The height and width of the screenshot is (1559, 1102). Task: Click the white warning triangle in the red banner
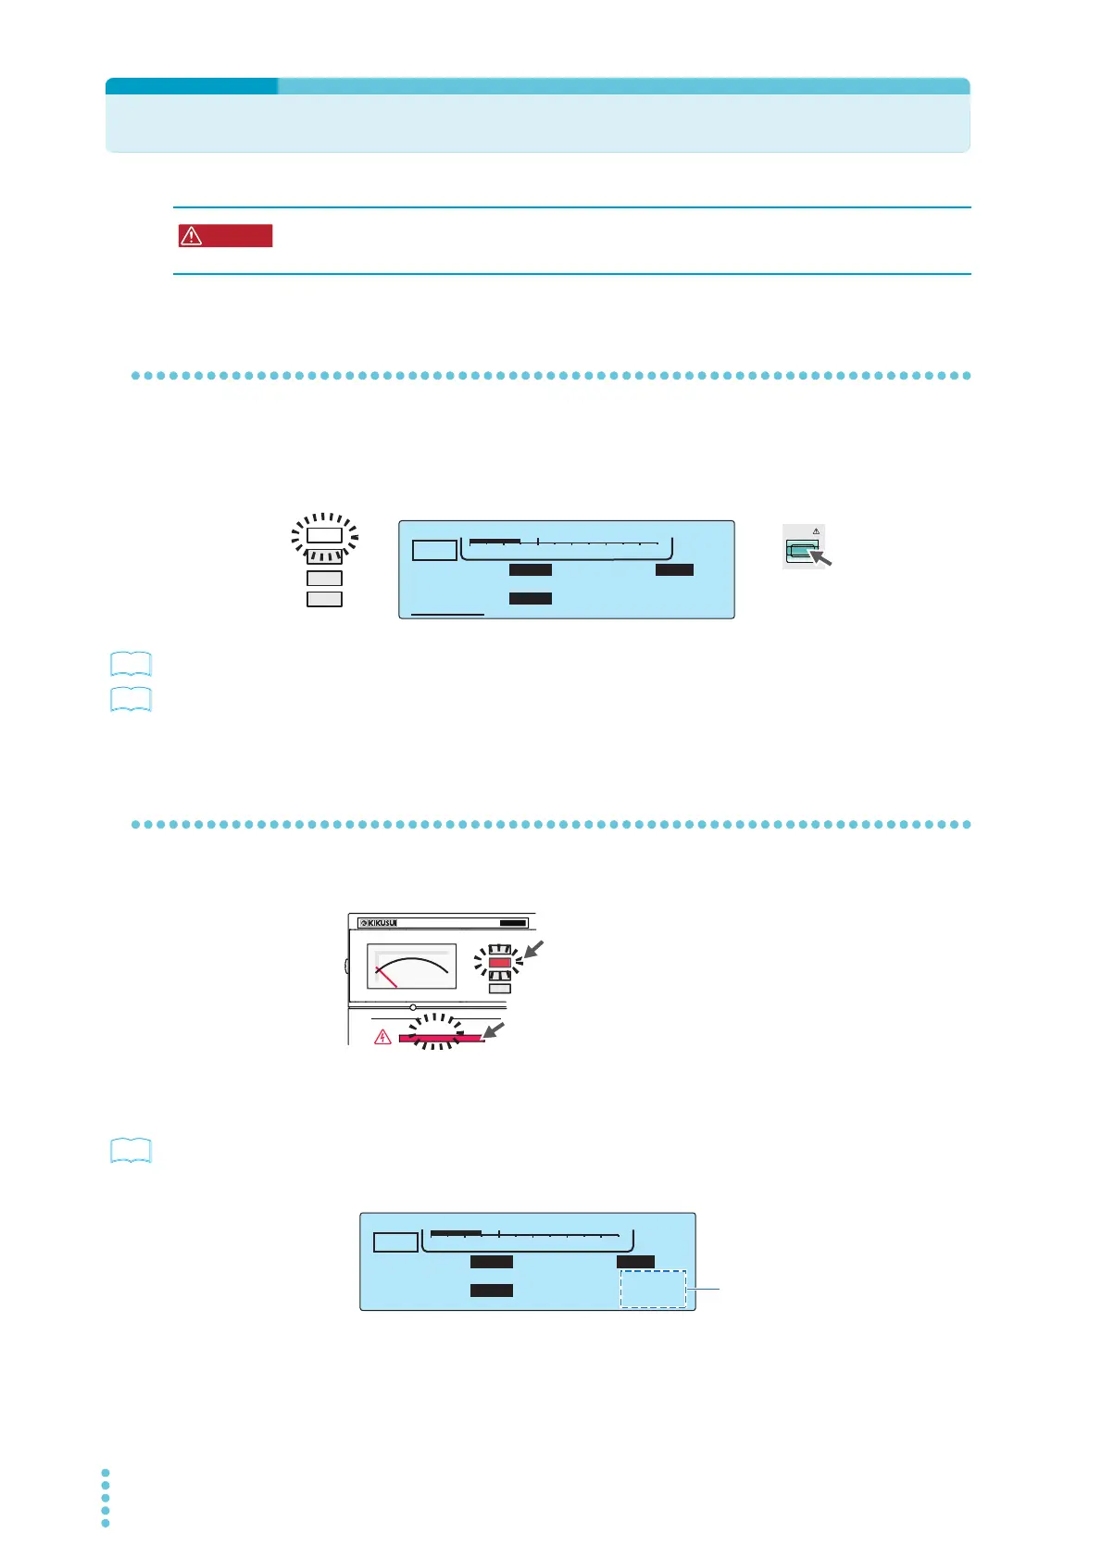coord(191,236)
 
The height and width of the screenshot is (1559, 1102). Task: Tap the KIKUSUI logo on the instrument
coord(379,923)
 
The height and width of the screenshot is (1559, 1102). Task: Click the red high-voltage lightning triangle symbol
coord(382,1037)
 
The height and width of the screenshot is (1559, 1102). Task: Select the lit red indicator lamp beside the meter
coord(500,963)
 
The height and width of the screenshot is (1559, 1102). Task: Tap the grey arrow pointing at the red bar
coord(495,1029)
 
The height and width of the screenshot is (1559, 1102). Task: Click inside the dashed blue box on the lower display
coord(653,1289)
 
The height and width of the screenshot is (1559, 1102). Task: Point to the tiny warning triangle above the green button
coord(816,531)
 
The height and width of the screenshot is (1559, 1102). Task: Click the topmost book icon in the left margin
coord(131,664)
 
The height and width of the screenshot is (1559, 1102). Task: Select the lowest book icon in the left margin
coord(131,1151)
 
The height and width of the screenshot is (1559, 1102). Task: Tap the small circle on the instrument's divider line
coord(413,1007)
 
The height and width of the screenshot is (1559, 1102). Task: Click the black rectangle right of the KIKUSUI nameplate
coord(513,923)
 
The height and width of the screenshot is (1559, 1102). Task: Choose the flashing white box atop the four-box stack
coord(324,535)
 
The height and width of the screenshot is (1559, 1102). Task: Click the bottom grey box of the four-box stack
coord(324,599)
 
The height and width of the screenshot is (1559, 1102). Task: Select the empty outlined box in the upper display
coord(433,550)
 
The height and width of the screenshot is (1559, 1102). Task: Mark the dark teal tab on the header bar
coord(192,86)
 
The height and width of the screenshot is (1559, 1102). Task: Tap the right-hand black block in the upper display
coord(674,569)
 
